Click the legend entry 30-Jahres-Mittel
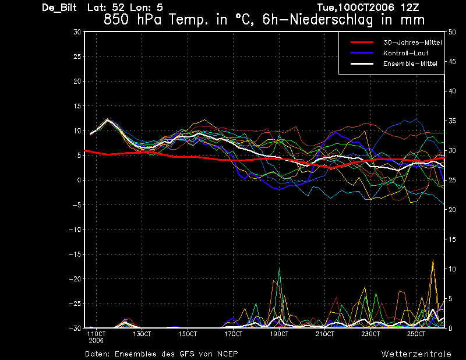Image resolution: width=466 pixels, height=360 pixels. pyautogui.click(x=412, y=43)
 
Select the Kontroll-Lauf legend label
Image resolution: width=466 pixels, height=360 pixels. pyautogui.click(x=405, y=53)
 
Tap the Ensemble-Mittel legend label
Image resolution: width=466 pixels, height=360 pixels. pyautogui.click(x=410, y=63)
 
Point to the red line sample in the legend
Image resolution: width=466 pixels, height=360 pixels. pyautogui.click(x=362, y=43)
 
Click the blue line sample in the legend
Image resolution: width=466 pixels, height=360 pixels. pyautogui.click(x=362, y=53)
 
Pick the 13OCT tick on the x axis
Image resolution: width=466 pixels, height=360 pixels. pyautogui.click(x=142, y=334)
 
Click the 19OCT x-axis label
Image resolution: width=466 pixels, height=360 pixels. pyautogui.click(x=279, y=334)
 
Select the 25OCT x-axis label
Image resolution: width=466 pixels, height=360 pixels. pyautogui.click(x=416, y=334)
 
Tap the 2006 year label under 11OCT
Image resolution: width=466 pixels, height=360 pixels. pyautogui.click(x=96, y=341)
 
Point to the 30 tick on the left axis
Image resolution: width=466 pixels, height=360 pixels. pyautogui.click(x=77, y=32)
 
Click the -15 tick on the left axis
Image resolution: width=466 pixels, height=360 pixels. pyautogui.click(x=75, y=255)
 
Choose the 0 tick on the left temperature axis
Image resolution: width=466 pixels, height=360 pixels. pyautogui.click(x=79, y=180)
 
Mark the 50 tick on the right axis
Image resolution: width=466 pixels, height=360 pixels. pyautogui.click(x=452, y=32)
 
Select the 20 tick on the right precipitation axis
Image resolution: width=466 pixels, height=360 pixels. pyautogui.click(x=452, y=210)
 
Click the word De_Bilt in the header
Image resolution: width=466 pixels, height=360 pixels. pyautogui.click(x=59, y=8)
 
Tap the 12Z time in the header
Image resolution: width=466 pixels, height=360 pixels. pyautogui.click(x=410, y=8)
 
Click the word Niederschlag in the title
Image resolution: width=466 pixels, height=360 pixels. pyautogui.click(x=331, y=20)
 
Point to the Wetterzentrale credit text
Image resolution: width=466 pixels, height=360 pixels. pyautogui.click(x=416, y=354)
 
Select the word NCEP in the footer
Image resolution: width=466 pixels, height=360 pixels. pyautogui.click(x=227, y=354)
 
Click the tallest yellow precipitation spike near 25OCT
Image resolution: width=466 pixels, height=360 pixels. pyautogui.click(x=433, y=260)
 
